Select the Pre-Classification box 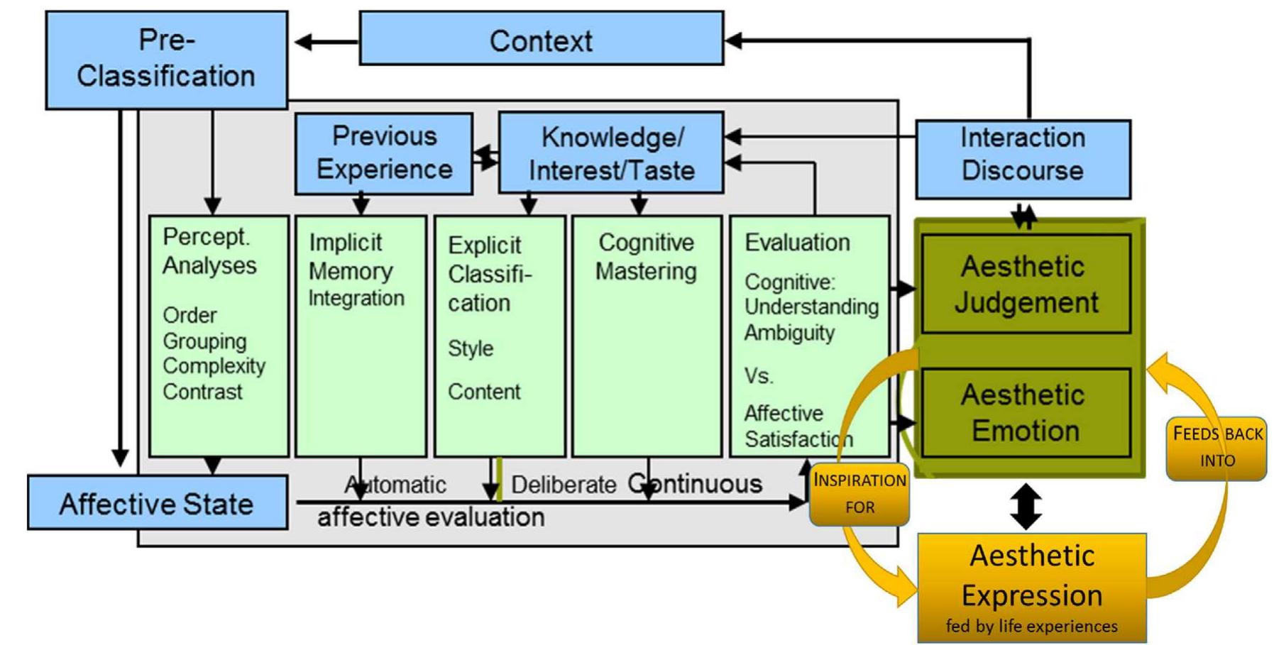click(x=166, y=59)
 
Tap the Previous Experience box click(x=383, y=153)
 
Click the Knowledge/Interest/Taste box click(x=611, y=153)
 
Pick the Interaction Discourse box click(x=1022, y=158)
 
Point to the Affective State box click(x=157, y=503)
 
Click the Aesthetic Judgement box click(x=1025, y=283)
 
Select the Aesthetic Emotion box click(x=1025, y=412)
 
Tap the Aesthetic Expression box click(x=1031, y=586)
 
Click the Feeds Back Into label click(x=1217, y=447)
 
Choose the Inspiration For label click(x=859, y=493)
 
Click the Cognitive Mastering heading click(x=646, y=256)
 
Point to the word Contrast click(x=202, y=391)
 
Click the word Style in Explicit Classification click(x=470, y=348)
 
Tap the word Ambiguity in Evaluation click(x=789, y=332)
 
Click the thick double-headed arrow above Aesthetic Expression click(x=1026, y=506)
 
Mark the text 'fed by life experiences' click(x=1031, y=626)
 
